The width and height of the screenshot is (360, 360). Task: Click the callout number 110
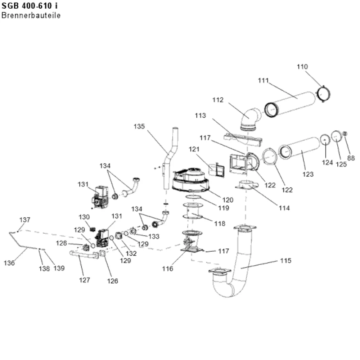coord(302,67)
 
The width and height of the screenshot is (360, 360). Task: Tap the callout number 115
coord(285,261)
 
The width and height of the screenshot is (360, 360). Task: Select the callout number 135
coord(139,126)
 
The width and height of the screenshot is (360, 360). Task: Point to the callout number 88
coord(351,158)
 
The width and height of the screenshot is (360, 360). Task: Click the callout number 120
coord(228,200)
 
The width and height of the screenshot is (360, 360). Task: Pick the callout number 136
coord(9,263)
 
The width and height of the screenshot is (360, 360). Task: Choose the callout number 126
coord(112,281)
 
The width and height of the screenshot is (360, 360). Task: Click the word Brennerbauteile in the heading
coord(31,15)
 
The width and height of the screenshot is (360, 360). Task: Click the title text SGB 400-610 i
coord(30,6)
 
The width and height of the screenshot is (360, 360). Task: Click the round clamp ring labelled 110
coord(324,94)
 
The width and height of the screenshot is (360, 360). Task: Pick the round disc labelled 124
coord(325,140)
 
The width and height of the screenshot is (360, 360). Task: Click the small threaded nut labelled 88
coord(345,134)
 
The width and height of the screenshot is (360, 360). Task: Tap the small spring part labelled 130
coord(93,229)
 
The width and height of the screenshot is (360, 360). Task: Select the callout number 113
coord(201,116)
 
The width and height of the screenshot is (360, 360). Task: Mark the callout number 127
coord(85,280)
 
